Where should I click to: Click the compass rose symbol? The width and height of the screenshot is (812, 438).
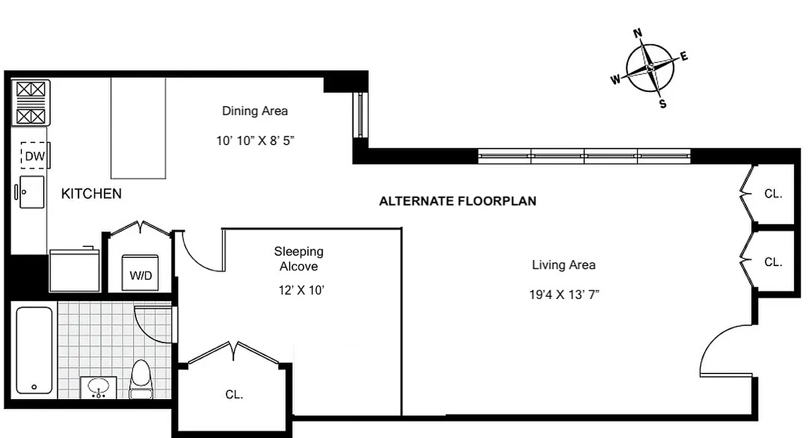click(x=650, y=68)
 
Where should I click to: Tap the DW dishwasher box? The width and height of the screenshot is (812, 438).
click(x=34, y=157)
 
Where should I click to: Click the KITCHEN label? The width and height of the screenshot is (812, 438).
click(x=91, y=194)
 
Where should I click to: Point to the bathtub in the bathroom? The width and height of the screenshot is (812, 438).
click(x=34, y=350)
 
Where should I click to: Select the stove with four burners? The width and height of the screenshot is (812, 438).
click(x=30, y=102)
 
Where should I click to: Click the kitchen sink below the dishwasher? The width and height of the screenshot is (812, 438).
click(x=32, y=192)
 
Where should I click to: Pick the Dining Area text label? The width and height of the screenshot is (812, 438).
click(x=255, y=111)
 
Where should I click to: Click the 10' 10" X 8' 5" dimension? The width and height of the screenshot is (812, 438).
click(x=255, y=141)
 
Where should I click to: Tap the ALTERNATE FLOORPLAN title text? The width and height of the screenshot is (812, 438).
click(x=458, y=201)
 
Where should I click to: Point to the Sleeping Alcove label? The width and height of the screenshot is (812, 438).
click(x=298, y=259)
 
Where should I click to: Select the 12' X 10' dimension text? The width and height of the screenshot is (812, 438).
click(x=302, y=290)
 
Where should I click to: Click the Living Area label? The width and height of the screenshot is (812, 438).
click(x=563, y=266)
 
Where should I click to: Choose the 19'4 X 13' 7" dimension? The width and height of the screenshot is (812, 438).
click(x=564, y=295)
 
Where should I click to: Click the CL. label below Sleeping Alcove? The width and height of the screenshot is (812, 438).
click(x=234, y=394)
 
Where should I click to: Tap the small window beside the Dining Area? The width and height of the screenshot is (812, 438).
click(x=360, y=115)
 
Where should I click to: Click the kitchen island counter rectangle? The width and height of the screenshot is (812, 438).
click(x=138, y=128)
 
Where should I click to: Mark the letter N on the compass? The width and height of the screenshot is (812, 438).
click(x=638, y=33)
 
